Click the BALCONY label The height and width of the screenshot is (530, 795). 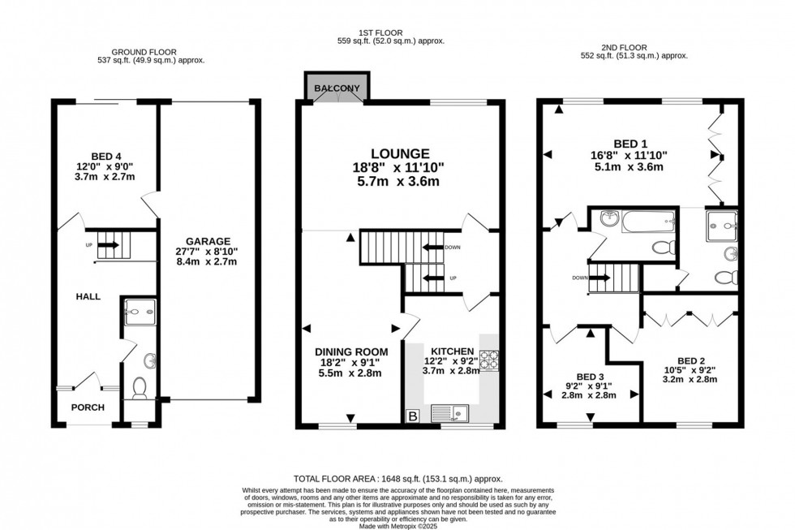[x=337, y=88]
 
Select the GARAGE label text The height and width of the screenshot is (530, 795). [x=208, y=241]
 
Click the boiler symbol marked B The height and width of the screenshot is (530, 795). [x=412, y=416]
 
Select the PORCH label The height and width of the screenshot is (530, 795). [x=88, y=407]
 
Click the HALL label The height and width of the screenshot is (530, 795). [x=88, y=297]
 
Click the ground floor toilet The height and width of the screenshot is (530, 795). [x=139, y=388]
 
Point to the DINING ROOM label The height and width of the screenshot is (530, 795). [x=351, y=351]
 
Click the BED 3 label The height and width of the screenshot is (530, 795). [x=590, y=377]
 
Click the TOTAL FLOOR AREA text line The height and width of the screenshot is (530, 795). [x=397, y=479]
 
